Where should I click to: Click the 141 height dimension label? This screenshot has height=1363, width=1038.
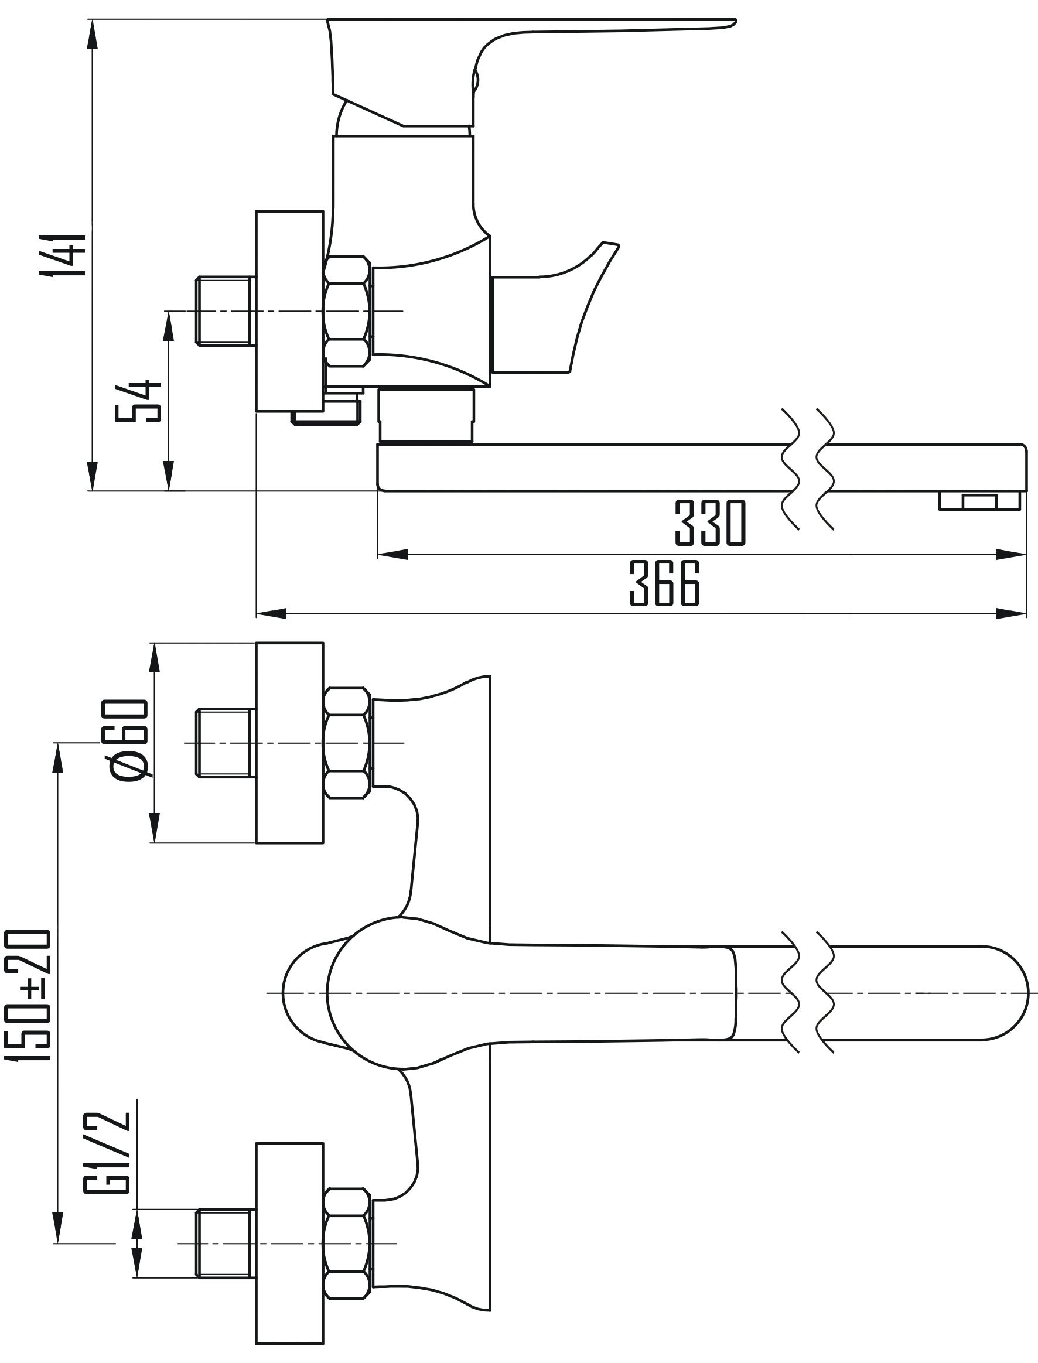point(61,254)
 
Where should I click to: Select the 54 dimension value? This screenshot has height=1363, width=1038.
point(138,401)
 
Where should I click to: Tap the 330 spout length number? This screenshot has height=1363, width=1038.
point(710,523)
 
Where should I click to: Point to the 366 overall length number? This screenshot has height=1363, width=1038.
point(664,582)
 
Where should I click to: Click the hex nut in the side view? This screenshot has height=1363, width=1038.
point(347,310)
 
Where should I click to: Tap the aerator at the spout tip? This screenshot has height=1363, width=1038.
point(979,500)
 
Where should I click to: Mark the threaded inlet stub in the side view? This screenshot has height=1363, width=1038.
point(226,310)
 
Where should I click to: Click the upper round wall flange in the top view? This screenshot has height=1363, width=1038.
point(290,743)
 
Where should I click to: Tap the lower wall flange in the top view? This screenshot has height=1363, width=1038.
point(290,1242)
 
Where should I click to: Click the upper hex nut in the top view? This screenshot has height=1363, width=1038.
point(347,743)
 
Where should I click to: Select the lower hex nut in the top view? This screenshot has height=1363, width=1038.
point(347,1242)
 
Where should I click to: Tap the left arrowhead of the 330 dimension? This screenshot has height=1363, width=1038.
point(393,555)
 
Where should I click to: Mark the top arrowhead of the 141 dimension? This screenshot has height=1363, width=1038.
point(92,35)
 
